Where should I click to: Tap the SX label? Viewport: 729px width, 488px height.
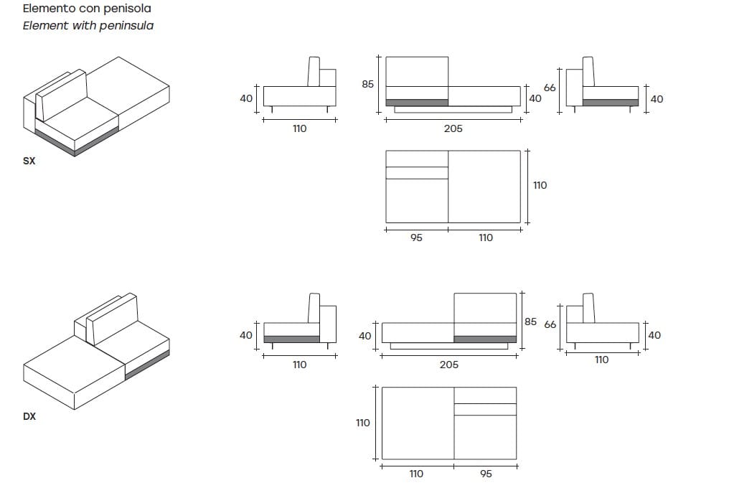(x=29, y=161)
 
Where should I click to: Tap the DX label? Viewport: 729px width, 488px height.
(x=29, y=416)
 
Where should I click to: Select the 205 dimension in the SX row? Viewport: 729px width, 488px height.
(x=453, y=129)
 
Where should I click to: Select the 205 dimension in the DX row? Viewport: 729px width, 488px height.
(x=448, y=365)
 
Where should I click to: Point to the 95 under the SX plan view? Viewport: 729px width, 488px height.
(x=416, y=238)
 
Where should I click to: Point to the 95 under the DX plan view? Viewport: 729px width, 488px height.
(x=486, y=474)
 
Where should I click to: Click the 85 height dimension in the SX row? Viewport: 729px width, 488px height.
(x=368, y=84)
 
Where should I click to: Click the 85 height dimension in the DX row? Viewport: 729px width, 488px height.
(x=530, y=322)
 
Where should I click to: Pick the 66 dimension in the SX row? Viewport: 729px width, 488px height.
(x=550, y=88)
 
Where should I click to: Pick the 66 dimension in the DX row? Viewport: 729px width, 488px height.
(x=550, y=324)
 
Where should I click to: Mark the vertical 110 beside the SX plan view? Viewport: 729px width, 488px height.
(x=540, y=185)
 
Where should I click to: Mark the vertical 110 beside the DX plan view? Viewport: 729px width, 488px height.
(x=363, y=423)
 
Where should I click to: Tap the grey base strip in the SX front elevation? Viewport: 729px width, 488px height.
(x=417, y=103)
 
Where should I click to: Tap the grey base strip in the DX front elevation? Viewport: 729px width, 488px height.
(x=484, y=339)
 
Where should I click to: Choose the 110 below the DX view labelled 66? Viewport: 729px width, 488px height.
(x=601, y=360)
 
